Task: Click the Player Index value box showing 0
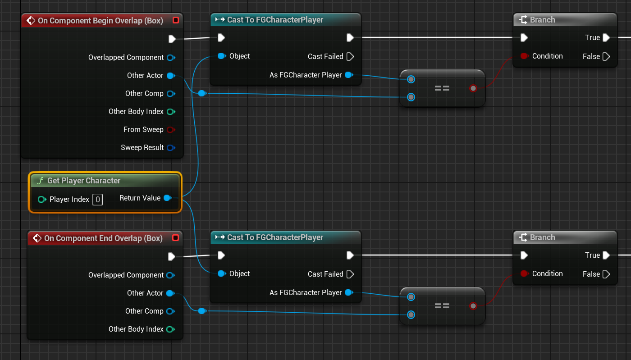click(97, 199)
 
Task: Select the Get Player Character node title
click(84, 181)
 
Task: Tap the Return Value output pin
click(167, 198)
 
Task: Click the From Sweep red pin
click(170, 130)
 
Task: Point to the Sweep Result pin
click(170, 148)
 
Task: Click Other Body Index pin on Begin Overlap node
click(170, 112)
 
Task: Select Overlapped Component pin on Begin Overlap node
click(170, 58)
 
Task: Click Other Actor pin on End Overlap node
click(170, 293)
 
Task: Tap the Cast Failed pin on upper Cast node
click(350, 57)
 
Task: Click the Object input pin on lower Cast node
click(221, 273)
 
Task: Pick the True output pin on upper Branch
click(606, 38)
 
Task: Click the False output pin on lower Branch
click(606, 274)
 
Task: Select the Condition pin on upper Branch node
click(524, 56)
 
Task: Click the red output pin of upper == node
click(473, 88)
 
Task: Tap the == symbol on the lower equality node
click(442, 306)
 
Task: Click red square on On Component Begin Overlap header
click(176, 20)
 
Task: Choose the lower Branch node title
click(542, 237)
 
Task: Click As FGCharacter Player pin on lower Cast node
click(348, 293)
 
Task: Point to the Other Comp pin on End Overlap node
click(170, 311)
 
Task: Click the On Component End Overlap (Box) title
click(103, 238)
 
